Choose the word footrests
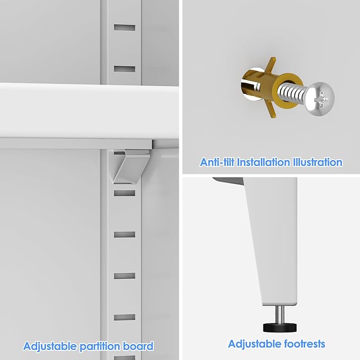click(x=305, y=344)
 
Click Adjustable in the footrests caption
click(x=255, y=345)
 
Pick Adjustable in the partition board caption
click(x=50, y=346)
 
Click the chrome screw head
click(x=320, y=99)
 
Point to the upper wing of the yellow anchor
click(x=271, y=65)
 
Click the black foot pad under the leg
click(x=279, y=327)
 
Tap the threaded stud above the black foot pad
click(x=280, y=314)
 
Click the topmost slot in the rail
click(x=125, y=28)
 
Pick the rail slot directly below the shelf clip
click(x=125, y=193)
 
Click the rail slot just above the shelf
click(x=125, y=69)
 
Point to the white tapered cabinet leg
click(x=273, y=241)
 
